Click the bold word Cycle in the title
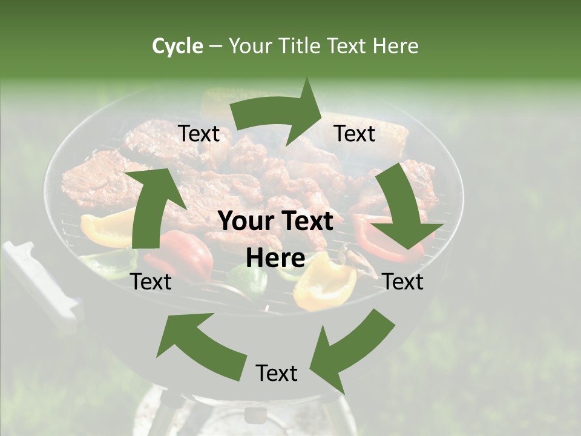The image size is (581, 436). [177, 46]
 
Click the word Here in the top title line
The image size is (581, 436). [395, 46]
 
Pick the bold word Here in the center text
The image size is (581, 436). [275, 259]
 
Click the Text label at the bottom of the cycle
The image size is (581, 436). [277, 373]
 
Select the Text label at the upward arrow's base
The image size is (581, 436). [151, 282]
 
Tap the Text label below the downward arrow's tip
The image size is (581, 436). [403, 282]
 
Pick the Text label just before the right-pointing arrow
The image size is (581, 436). [199, 134]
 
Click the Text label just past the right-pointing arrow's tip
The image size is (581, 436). [355, 134]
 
